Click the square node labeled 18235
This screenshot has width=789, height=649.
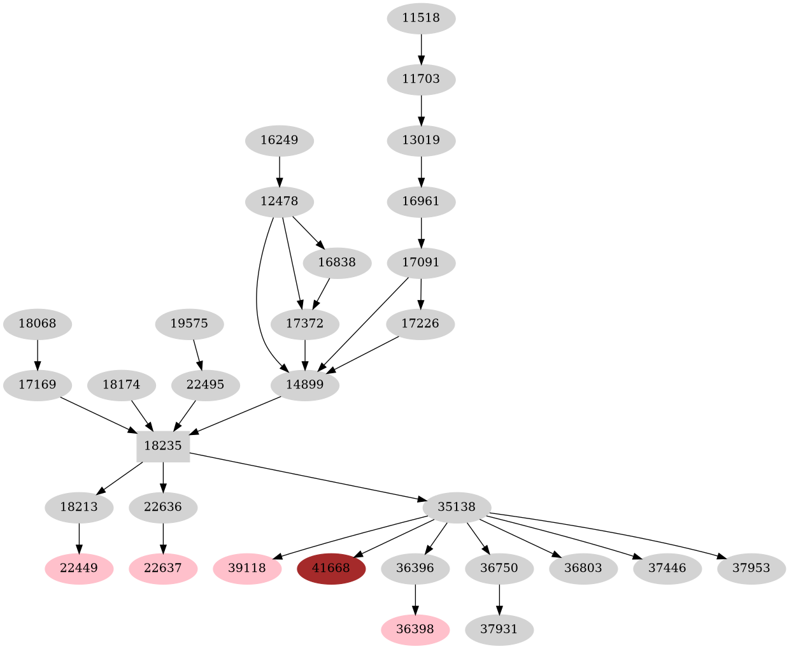[x=163, y=446]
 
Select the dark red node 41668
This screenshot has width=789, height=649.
[x=331, y=568]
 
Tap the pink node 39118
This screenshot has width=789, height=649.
[x=247, y=568]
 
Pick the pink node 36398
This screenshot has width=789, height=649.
[x=415, y=630]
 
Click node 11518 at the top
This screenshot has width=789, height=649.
[x=421, y=18]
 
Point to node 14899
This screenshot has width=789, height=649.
[x=305, y=385]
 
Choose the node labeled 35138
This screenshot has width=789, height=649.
[x=457, y=508]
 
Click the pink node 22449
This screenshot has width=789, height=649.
[x=79, y=568]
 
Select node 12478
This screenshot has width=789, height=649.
[x=280, y=202]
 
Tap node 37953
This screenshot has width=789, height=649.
[x=751, y=568]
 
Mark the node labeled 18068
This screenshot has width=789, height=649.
[x=37, y=324]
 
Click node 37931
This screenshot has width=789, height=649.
[x=499, y=630]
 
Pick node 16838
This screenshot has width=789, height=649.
[x=338, y=263]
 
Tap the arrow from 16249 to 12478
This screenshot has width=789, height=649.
[x=280, y=171]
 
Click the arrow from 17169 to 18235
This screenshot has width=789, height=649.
[x=99, y=416]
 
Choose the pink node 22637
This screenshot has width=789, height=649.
[x=163, y=568]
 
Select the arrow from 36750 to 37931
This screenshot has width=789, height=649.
[x=499, y=599]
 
